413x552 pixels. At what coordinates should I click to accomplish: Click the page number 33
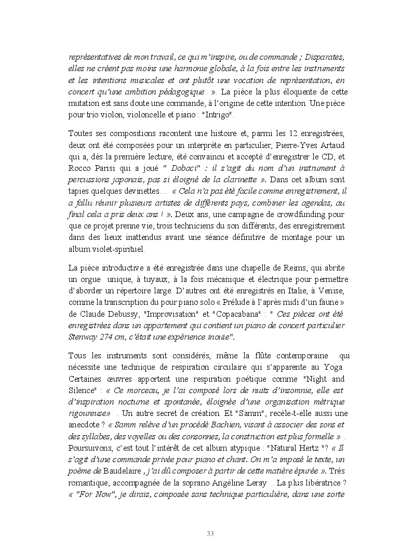click(x=210, y=533)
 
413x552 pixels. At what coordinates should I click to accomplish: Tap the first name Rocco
click(x=79, y=169)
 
